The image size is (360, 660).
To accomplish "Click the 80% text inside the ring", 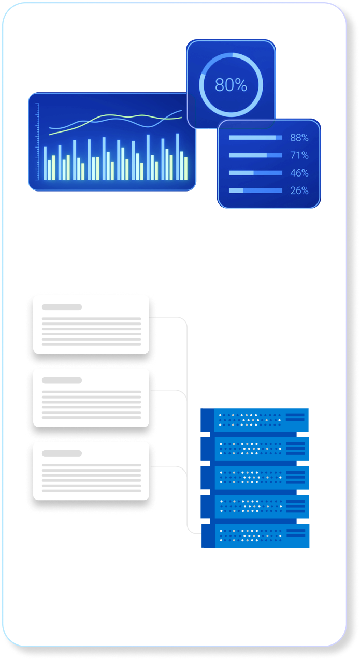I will (231, 85).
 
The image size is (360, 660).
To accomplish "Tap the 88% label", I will (299, 138).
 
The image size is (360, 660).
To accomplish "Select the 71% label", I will (299, 155).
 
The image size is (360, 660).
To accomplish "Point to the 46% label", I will (299, 173).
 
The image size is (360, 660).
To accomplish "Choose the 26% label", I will (299, 190).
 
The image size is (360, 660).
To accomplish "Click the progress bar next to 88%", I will (255, 138).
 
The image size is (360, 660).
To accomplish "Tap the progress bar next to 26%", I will (255, 190).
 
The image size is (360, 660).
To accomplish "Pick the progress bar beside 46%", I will (255, 173).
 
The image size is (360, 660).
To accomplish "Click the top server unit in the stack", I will (255, 420).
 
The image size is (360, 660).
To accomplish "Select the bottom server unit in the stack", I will (255, 536).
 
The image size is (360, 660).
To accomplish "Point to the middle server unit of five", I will (255, 478).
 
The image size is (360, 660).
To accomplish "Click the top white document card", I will (91, 325).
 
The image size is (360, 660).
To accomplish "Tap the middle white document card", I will (91, 398).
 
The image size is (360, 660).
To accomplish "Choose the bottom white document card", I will (91, 471).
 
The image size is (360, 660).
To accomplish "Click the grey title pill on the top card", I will (62, 307).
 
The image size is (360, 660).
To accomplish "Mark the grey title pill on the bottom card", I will (62, 453).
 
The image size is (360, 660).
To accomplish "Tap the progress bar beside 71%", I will (255, 155).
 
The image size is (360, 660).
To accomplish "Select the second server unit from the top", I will (255, 449).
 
